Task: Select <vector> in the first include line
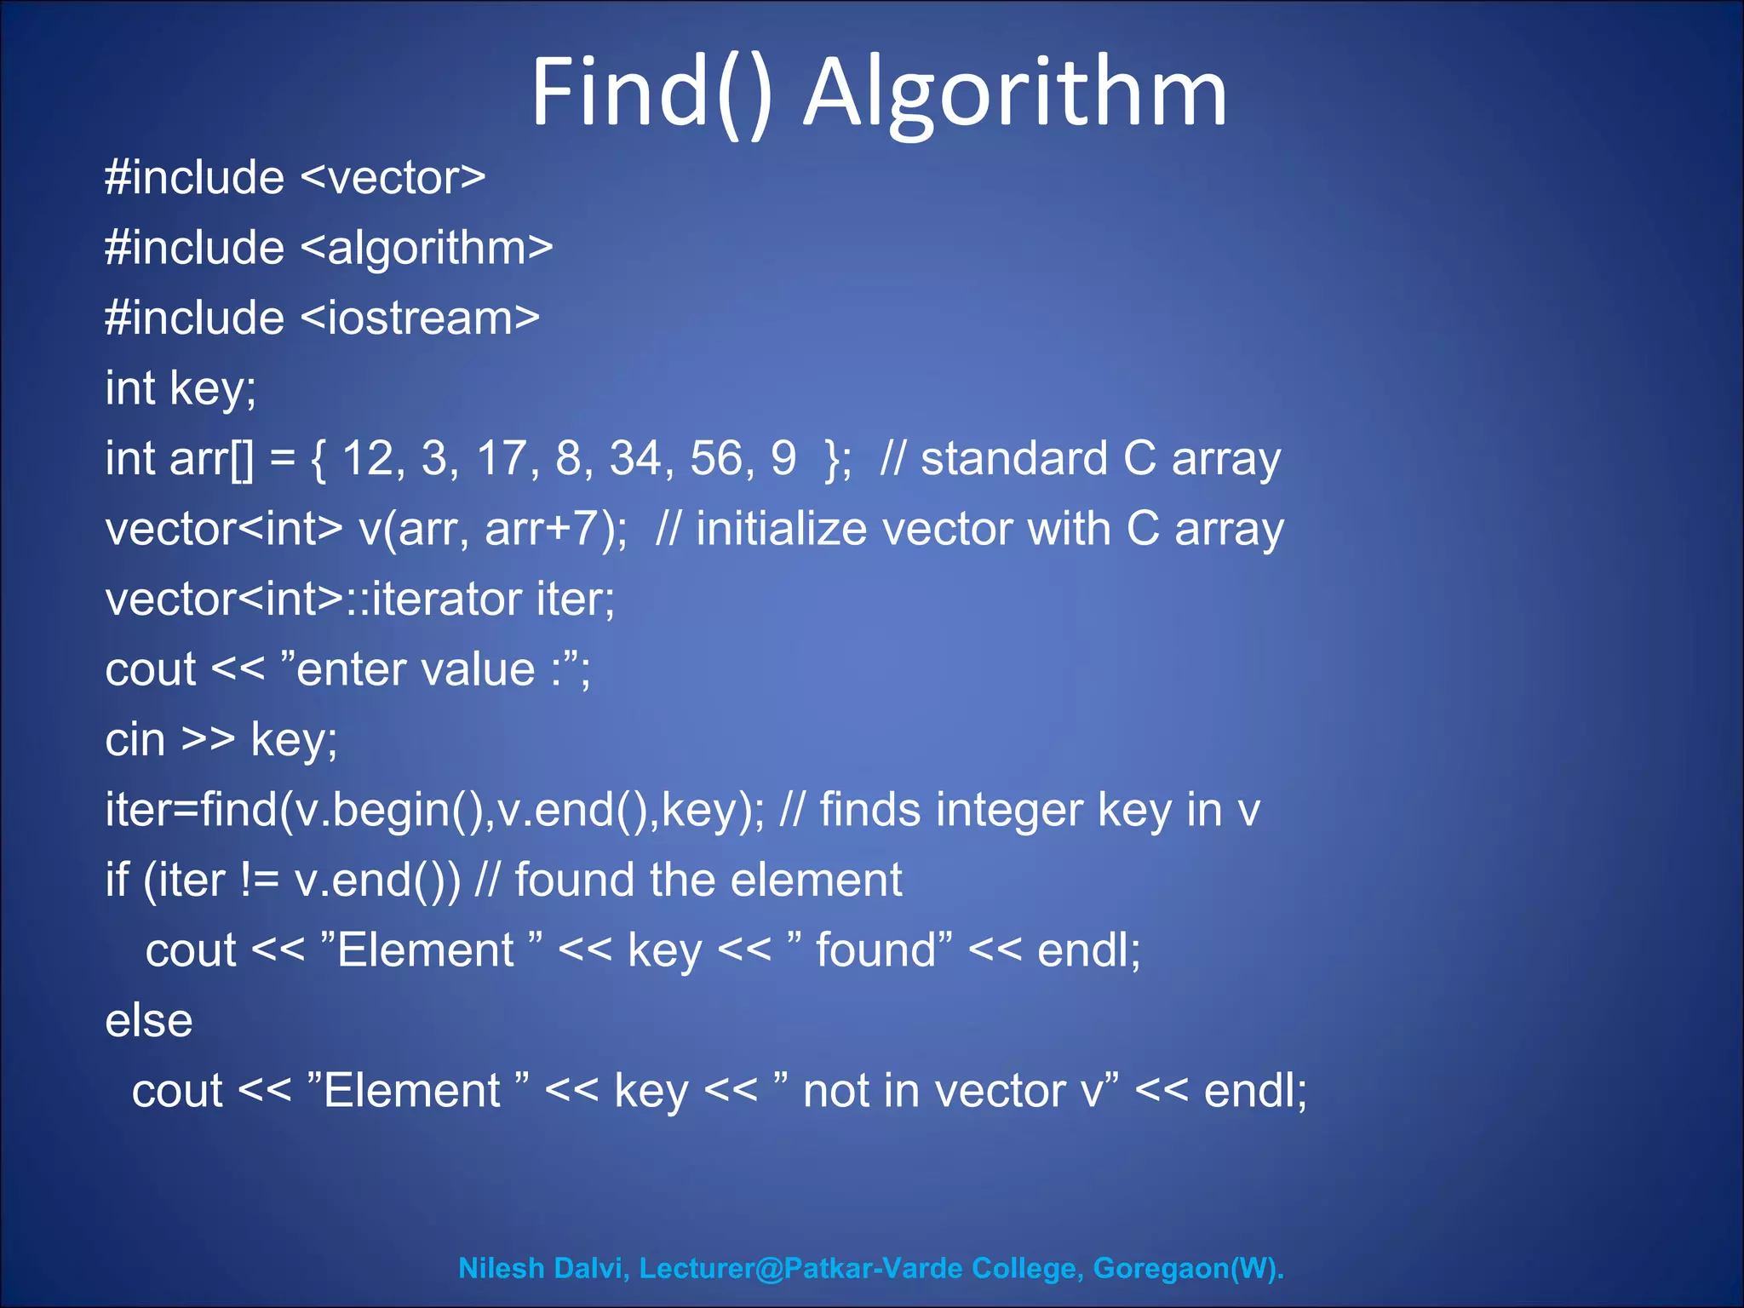pos(393,178)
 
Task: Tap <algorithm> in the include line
pos(427,249)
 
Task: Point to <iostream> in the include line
pos(420,318)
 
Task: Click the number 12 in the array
pos(368,458)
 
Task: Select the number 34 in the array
pos(636,458)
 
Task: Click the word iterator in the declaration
pos(446,599)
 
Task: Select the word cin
pos(135,739)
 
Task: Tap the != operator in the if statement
pos(259,880)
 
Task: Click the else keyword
pos(148,1020)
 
